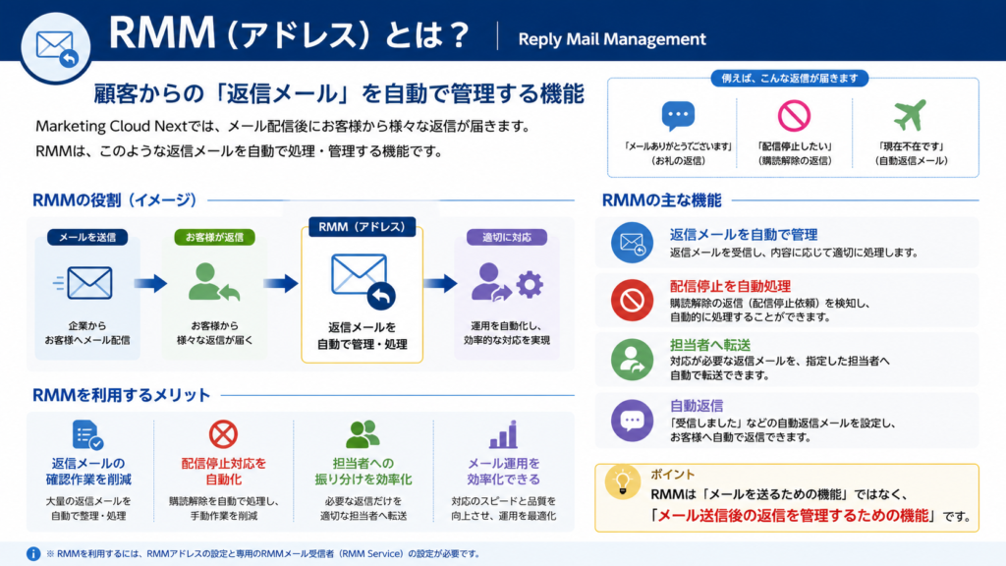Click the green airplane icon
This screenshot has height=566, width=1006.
911,115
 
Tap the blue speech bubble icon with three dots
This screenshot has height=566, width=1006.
678,116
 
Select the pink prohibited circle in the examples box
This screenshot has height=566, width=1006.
794,116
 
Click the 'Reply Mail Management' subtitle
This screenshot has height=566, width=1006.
611,39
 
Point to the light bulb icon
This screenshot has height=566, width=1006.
622,482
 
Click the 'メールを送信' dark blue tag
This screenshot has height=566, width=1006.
87,237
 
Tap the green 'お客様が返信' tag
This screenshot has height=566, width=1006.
214,237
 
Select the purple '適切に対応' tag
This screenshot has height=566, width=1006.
506,237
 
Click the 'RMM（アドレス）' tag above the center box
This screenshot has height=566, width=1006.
362,227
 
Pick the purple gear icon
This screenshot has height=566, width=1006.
530,284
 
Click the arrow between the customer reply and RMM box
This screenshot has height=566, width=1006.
281,283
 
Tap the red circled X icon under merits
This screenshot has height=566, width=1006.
223,434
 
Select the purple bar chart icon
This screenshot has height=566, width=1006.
504,434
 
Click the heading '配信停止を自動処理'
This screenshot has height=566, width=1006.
730,286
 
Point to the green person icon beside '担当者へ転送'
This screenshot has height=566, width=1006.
632,360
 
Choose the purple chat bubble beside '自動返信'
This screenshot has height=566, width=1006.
632,421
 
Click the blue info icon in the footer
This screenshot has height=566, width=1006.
33,554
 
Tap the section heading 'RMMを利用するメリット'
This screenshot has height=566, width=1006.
121,395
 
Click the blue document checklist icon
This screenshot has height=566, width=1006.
87,435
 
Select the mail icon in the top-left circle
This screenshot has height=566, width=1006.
56,48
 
